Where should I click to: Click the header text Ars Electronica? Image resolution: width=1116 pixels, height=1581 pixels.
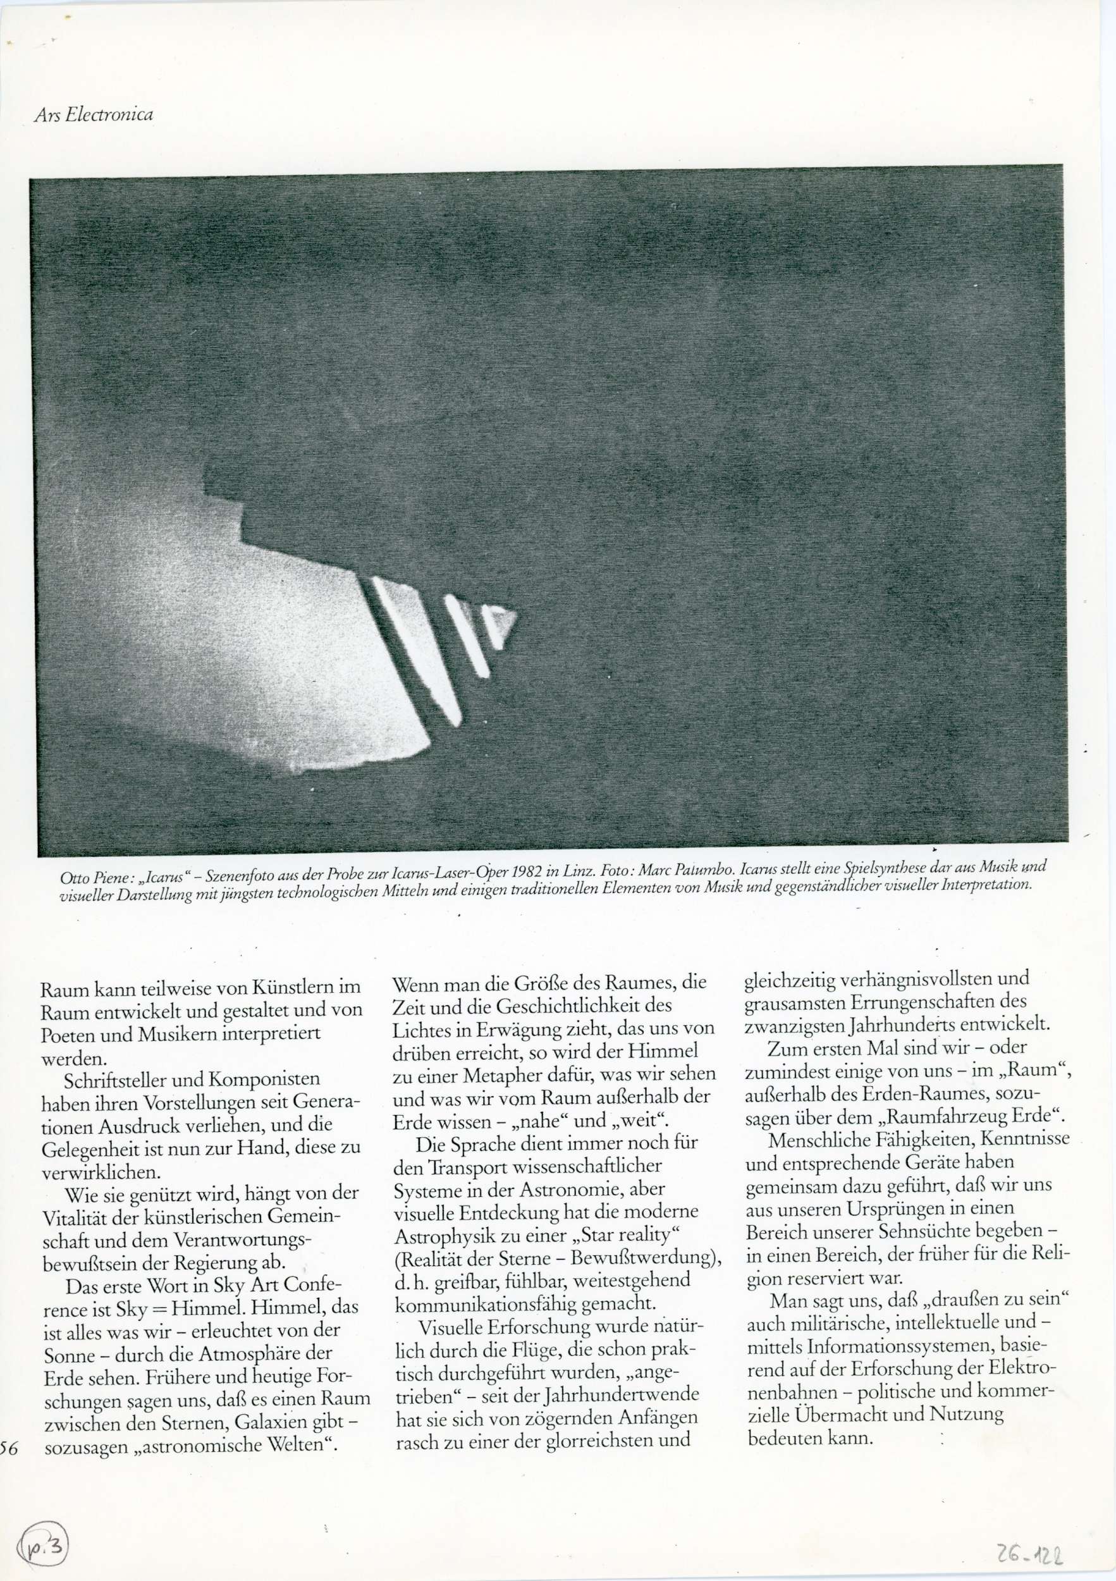(x=93, y=114)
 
